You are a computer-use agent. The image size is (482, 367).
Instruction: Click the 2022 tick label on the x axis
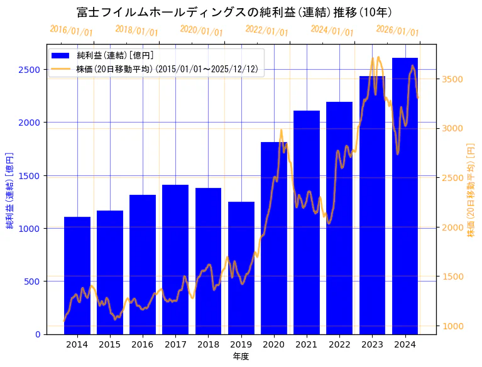[339, 344]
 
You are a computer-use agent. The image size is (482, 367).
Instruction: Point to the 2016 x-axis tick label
[143, 344]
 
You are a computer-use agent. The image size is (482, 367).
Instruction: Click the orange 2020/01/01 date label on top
[201, 30]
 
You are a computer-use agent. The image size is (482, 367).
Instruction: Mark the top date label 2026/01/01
[397, 30]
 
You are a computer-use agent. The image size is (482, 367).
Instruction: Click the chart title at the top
[234, 13]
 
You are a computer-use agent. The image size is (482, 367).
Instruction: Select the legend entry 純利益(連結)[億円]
[119, 55]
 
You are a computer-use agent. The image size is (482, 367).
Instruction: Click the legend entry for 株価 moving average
[167, 68]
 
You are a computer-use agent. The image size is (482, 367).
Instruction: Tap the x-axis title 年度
[241, 356]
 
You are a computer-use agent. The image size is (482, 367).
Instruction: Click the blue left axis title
[10, 190]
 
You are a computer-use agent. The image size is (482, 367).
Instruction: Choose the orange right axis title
[471, 190]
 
